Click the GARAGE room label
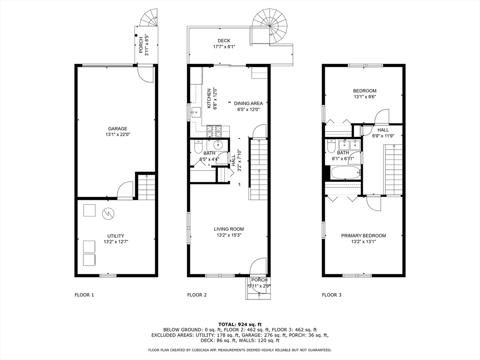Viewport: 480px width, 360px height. click(117, 129)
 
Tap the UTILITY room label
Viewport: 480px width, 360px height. click(116, 236)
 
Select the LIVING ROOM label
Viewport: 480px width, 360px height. click(229, 229)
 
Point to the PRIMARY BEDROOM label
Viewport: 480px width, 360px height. click(363, 236)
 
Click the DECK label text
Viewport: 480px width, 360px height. click(224, 41)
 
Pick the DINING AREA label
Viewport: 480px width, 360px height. click(248, 104)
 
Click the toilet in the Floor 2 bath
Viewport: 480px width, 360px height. click(198, 147)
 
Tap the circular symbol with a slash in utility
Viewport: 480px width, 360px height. click(107, 214)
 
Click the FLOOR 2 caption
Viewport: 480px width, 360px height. click(197, 295)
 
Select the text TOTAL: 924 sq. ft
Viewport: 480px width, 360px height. click(240, 324)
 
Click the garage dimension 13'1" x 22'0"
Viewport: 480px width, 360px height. click(117, 135)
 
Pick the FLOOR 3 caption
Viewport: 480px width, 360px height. click(331, 295)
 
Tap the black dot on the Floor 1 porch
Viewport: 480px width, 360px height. click(136, 36)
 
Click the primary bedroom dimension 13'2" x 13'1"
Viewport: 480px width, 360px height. click(363, 241)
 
